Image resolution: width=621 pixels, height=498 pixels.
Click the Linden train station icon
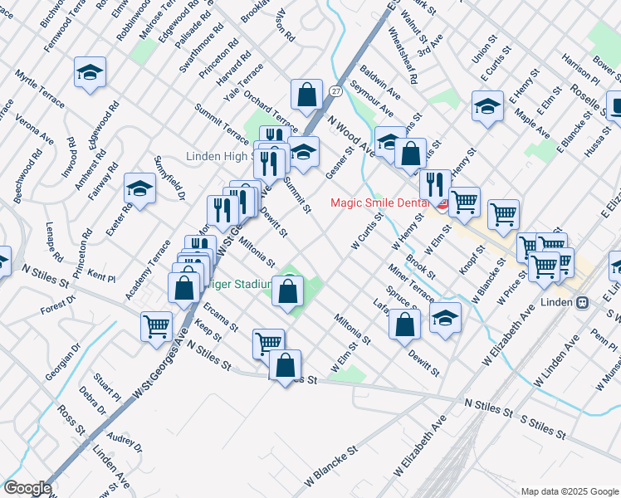click(583, 302)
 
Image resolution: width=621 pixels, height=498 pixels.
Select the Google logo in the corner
click(28, 488)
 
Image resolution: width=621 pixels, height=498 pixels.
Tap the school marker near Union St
click(487, 107)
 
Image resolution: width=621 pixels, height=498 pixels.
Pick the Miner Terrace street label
click(410, 282)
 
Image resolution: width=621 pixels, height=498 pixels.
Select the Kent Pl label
click(100, 273)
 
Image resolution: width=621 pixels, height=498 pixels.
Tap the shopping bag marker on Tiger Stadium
click(288, 292)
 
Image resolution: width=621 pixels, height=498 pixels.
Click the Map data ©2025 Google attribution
click(569, 491)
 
